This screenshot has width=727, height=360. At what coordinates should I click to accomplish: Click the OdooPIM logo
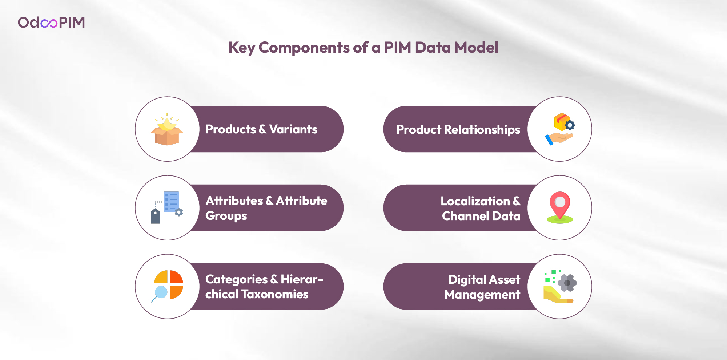(51, 23)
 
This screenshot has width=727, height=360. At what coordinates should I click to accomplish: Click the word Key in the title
(242, 48)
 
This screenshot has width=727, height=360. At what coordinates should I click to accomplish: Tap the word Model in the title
(476, 48)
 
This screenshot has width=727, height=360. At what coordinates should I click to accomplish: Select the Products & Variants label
(261, 129)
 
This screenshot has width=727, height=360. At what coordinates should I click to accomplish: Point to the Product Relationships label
(458, 130)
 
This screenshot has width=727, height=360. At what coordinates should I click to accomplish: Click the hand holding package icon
(560, 129)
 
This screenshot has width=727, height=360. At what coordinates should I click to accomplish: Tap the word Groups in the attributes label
(226, 216)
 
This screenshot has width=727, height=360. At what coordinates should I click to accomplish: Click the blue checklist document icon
(171, 202)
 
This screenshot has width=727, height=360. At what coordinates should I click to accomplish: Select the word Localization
(475, 201)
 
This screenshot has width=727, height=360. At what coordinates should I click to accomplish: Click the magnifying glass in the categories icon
(160, 294)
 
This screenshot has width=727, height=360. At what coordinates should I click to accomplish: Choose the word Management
(482, 295)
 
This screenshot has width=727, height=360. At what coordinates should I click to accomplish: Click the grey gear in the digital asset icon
(567, 283)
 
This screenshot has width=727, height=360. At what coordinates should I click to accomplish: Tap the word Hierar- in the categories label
(302, 279)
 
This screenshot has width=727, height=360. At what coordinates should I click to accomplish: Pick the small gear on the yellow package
(570, 125)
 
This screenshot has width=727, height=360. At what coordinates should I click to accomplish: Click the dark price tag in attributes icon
(155, 216)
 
